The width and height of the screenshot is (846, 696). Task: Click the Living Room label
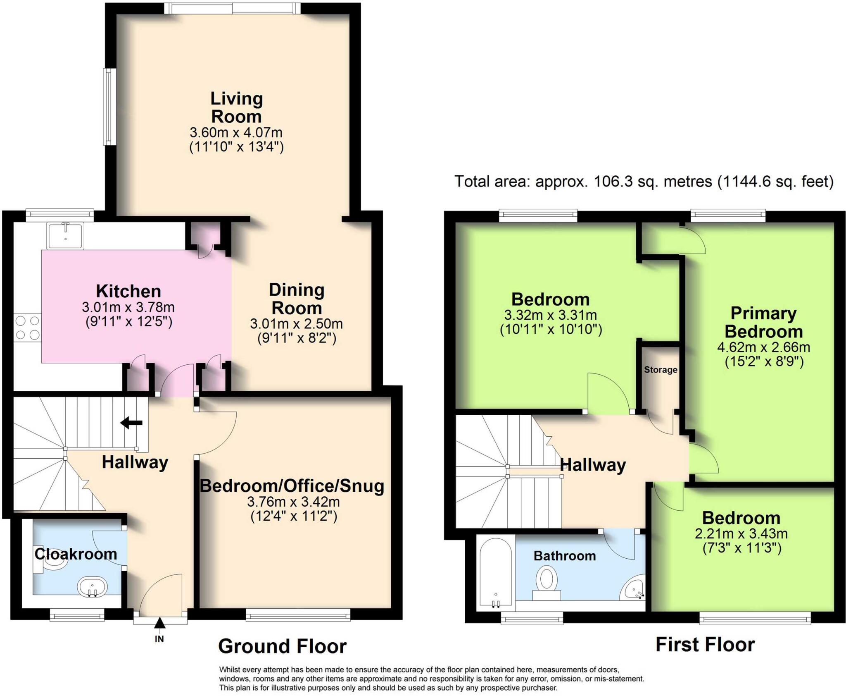click(x=236, y=108)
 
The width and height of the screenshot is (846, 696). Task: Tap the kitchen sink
click(x=65, y=235)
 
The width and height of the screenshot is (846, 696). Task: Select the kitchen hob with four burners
click(x=27, y=328)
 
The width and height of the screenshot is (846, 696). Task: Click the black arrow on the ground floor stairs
click(x=131, y=423)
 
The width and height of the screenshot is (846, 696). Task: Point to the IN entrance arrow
click(x=159, y=623)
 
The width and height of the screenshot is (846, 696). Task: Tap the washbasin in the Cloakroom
click(x=93, y=587)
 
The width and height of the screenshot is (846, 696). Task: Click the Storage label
click(x=661, y=370)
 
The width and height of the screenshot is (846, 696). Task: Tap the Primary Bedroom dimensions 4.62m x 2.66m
click(x=764, y=347)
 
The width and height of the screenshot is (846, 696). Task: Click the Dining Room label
click(x=297, y=299)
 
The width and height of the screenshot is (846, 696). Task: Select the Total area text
click(x=644, y=182)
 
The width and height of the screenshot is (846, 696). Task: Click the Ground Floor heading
click(x=283, y=646)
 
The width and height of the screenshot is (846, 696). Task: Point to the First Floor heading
click(x=706, y=644)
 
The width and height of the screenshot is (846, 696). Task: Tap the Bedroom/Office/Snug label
click(x=292, y=486)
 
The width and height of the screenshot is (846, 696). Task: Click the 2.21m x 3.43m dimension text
click(x=741, y=534)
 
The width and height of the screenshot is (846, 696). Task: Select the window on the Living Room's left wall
click(x=109, y=107)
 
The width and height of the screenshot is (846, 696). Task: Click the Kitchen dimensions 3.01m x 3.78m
click(x=128, y=308)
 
